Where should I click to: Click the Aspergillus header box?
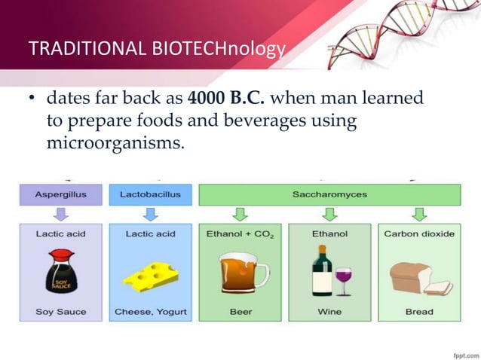tap(60, 194)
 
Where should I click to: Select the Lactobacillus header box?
tap(150, 194)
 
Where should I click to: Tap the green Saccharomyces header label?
tap(329, 194)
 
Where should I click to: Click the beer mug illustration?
tap(242, 273)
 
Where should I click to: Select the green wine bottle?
tap(321, 272)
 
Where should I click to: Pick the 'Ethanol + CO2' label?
tap(240, 234)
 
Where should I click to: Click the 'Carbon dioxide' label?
tap(419, 234)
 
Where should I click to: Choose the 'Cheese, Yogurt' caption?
tap(150, 312)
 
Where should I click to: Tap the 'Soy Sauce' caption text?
tap(60, 312)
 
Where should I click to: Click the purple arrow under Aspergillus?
tap(60, 214)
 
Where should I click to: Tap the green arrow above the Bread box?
tap(419, 214)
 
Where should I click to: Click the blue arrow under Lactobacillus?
tap(150, 214)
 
